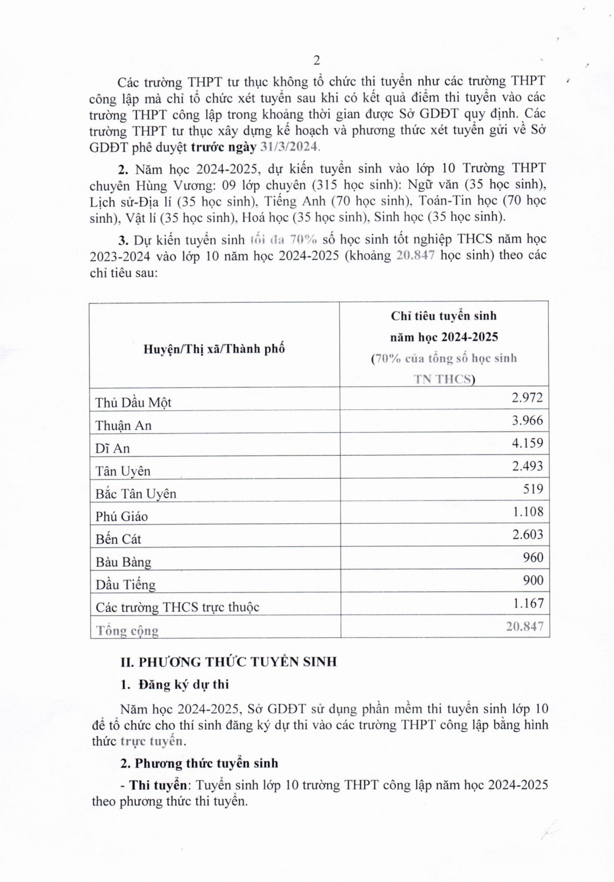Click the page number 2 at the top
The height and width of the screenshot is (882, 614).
pyautogui.click(x=317, y=60)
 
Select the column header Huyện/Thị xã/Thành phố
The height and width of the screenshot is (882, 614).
pyautogui.click(x=214, y=349)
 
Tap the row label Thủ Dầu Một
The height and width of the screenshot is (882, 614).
pyautogui.click(x=134, y=403)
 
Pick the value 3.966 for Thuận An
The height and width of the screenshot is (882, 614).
pyautogui.click(x=527, y=420)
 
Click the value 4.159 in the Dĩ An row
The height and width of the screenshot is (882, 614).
pyautogui.click(x=527, y=443)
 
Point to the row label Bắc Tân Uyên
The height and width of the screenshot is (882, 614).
pyautogui.click(x=136, y=494)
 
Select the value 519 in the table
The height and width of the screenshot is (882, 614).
pyautogui.click(x=533, y=489)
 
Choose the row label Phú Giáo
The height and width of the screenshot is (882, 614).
pyautogui.click(x=122, y=516)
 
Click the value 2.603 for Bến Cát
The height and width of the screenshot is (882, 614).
pyautogui.click(x=527, y=534)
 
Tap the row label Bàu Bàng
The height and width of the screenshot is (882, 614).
pyautogui.click(x=124, y=562)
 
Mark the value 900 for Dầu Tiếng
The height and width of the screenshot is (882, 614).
pyautogui.click(x=533, y=580)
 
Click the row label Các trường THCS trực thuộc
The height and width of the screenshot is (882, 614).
pyautogui.click(x=177, y=607)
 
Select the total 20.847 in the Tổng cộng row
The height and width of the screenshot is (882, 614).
pyautogui.click(x=525, y=627)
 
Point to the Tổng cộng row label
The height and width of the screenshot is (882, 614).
pyautogui.click(x=128, y=631)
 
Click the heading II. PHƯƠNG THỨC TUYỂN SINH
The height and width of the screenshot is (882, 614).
pyautogui.click(x=228, y=662)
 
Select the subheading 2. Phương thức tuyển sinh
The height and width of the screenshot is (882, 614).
pyautogui.click(x=199, y=763)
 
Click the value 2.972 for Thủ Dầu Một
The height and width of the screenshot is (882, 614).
pyautogui.click(x=527, y=397)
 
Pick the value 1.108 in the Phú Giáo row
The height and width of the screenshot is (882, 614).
pyautogui.click(x=527, y=512)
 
